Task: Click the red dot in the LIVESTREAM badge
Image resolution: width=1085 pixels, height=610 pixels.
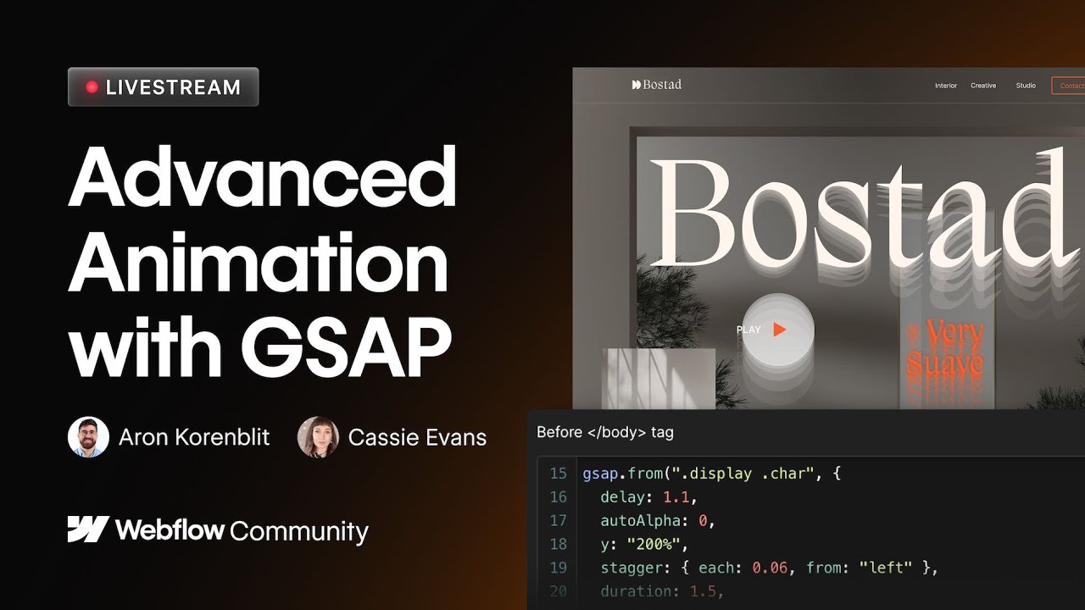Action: (x=92, y=87)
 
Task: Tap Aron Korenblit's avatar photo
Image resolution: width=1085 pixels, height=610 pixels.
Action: (x=88, y=437)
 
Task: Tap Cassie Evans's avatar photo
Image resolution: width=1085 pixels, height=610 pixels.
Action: (x=318, y=437)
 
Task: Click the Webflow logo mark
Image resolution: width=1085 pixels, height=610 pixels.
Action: (x=88, y=530)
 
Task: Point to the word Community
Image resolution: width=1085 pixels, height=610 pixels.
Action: (x=299, y=531)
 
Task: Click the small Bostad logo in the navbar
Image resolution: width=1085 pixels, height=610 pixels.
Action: (x=657, y=85)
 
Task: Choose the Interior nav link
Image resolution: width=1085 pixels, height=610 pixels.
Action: (x=946, y=86)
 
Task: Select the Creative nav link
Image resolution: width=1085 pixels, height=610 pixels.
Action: (x=983, y=86)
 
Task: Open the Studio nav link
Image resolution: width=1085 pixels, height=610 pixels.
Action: (x=1026, y=86)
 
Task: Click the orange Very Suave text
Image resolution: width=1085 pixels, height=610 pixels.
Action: (x=944, y=350)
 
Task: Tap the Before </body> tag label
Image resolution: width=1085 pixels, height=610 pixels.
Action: (x=605, y=432)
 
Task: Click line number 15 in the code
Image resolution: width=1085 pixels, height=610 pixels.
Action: (x=558, y=474)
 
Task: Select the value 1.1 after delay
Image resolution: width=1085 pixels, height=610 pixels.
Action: (x=676, y=497)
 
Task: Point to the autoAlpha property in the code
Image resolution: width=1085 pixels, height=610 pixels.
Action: (x=636, y=521)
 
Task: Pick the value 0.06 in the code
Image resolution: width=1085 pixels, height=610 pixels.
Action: (x=770, y=568)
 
